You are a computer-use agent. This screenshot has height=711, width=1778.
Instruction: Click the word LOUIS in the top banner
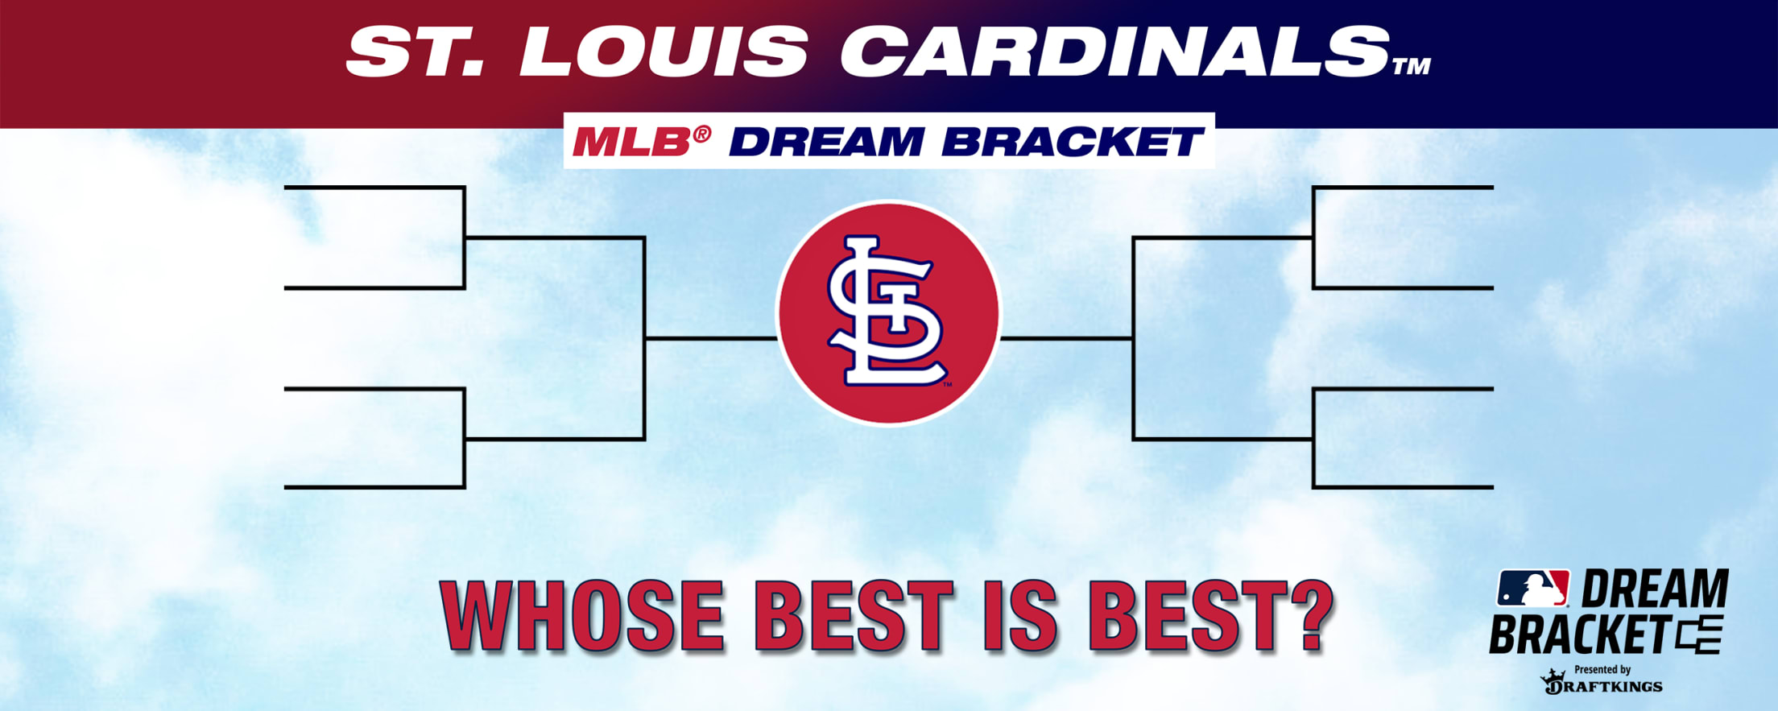click(x=664, y=51)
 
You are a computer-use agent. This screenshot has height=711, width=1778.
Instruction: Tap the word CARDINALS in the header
click(x=1116, y=51)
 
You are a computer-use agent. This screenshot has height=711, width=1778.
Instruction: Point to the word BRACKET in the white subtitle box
click(x=1073, y=143)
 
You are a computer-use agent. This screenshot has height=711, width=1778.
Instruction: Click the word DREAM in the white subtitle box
click(x=826, y=143)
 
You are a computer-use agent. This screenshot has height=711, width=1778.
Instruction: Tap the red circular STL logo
click(x=889, y=312)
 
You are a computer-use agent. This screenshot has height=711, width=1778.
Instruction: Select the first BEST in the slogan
click(x=854, y=615)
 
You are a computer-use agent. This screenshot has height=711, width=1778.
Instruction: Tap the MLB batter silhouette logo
click(x=1532, y=588)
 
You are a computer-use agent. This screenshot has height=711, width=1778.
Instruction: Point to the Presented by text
click(x=1602, y=669)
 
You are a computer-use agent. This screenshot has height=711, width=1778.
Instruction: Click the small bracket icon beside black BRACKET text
click(x=1699, y=635)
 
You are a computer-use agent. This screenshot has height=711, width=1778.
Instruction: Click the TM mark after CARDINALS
click(x=1412, y=66)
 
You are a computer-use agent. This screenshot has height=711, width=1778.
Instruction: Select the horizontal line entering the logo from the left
click(x=711, y=339)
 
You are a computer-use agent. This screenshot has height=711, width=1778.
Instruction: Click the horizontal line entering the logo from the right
click(x=1066, y=339)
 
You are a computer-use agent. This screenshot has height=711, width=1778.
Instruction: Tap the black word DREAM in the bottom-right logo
click(x=1655, y=589)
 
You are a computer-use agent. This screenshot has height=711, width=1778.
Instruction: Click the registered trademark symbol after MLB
click(x=702, y=134)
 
